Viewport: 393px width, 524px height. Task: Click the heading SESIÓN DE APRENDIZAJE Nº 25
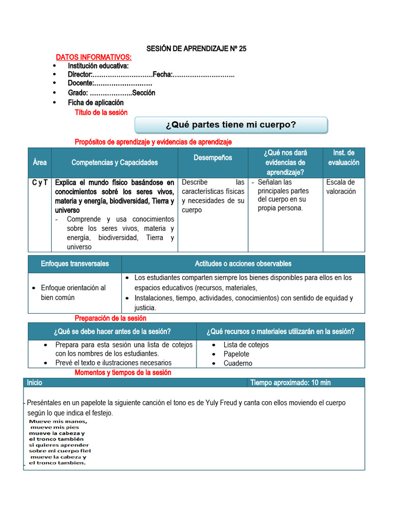pos(196,49)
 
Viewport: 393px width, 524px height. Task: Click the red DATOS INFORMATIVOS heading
pos(94,57)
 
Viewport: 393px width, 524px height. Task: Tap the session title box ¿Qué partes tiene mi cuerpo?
pos(231,125)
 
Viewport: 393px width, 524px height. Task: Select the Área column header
pos(39,162)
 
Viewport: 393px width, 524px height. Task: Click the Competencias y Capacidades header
pos(115,162)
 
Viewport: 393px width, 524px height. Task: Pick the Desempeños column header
pos(213,158)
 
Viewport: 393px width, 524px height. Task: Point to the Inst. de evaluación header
pos(343,158)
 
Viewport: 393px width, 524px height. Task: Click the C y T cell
pos(39,182)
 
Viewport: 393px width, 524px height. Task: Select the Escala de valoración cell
pos(340,187)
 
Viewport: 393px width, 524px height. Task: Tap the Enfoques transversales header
pos(75,264)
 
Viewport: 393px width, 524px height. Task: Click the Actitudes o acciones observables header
pos(243,264)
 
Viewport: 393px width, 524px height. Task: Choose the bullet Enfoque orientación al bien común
pos(73,292)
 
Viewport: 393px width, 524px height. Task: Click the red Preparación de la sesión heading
pos(111,318)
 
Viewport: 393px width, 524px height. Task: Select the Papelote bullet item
pos(236,354)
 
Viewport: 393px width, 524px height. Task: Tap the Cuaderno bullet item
pos(237,363)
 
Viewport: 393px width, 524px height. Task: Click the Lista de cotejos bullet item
pos(246,345)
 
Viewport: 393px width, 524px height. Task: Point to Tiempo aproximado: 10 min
pos(290,383)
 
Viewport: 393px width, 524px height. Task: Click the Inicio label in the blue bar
pos(35,383)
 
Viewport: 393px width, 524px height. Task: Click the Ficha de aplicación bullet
pos(96,102)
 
